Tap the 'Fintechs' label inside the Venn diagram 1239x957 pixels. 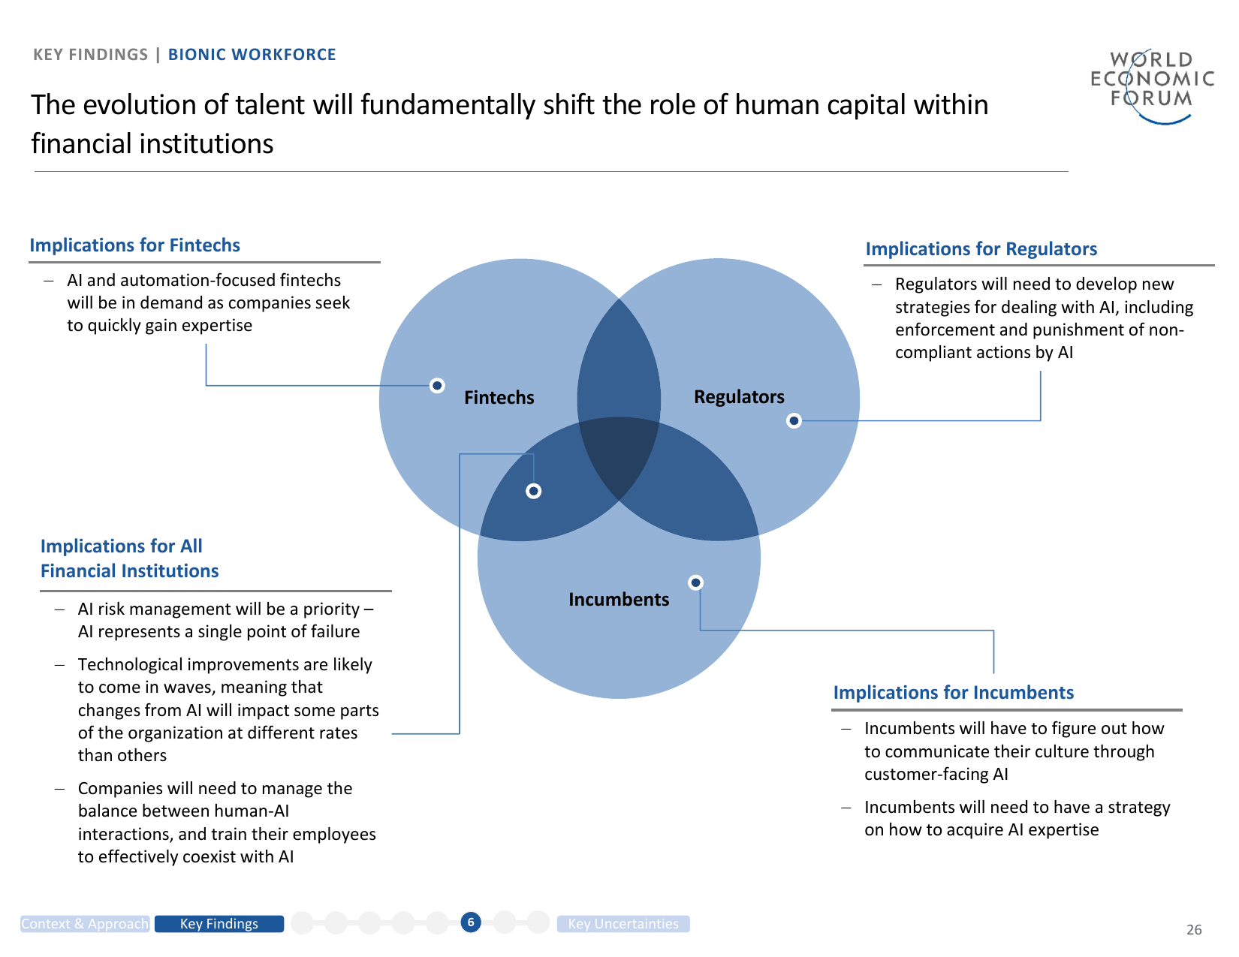[499, 397]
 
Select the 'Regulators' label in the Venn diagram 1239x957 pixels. [739, 396]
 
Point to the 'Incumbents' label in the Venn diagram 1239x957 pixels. [618, 599]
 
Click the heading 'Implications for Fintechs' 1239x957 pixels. [134, 245]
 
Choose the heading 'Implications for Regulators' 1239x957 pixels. [981, 249]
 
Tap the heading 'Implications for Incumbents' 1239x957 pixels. [953, 693]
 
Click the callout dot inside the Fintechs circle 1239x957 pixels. [437, 385]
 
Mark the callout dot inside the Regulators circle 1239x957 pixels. [794, 420]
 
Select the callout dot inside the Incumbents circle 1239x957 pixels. [696, 582]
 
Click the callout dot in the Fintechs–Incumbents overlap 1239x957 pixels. [533, 491]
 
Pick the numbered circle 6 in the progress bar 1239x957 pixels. [471, 922]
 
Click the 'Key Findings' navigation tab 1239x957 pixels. [219, 924]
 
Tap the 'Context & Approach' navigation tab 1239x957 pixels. [85, 924]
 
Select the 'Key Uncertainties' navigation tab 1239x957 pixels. [623, 924]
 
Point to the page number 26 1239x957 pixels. [1194, 930]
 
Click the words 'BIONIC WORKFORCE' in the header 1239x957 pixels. [252, 55]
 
